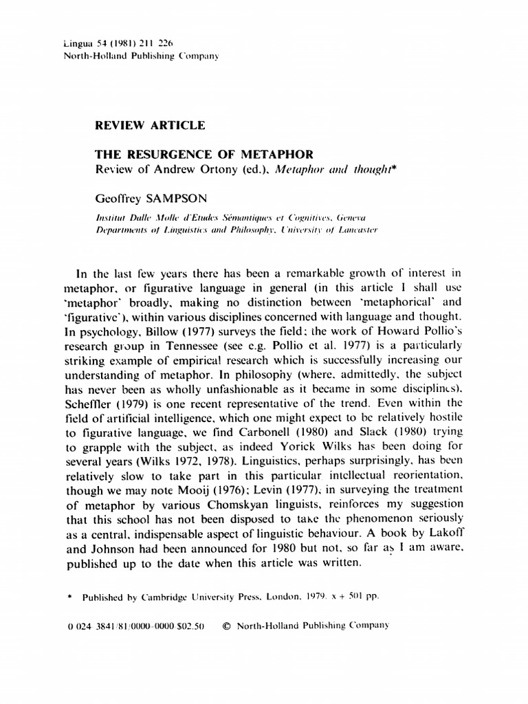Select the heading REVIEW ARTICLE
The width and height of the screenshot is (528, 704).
click(149, 125)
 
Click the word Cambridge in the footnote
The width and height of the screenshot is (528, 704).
click(164, 597)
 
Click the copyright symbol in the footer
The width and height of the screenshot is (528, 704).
click(227, 626)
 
